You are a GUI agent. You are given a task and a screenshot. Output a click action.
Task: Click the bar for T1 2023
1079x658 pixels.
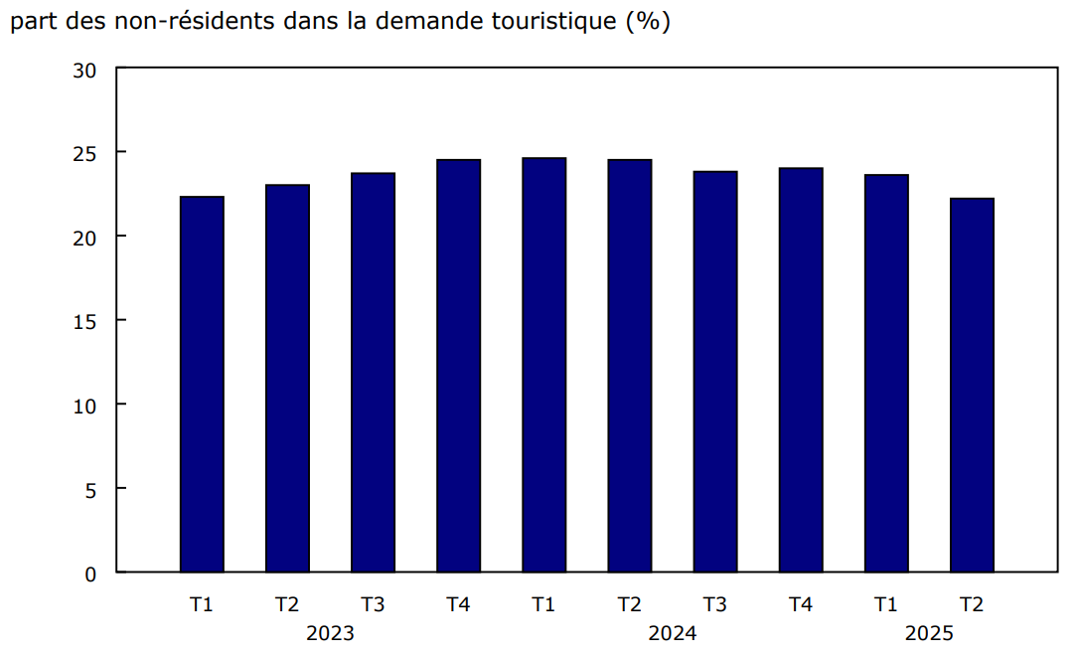click(202, 384)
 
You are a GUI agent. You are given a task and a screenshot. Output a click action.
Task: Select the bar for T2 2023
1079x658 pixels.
click(287, 378)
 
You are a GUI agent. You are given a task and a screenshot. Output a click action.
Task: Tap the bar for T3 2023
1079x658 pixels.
click(373, 372)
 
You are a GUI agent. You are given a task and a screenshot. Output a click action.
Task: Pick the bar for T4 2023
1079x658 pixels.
click(458, 365)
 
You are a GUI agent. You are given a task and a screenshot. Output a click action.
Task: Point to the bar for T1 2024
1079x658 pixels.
click(543, 364)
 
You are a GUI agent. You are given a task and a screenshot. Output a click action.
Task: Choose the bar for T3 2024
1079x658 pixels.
click(715, 371)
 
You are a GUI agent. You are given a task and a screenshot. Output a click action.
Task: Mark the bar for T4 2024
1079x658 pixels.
click(801, 370)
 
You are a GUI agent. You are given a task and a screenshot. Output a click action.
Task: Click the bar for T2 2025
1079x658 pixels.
click(972, 385)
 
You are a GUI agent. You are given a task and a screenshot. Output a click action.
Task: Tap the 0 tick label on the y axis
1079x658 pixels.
click(90, 574)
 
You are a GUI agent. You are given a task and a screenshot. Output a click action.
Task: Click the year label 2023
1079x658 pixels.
click(330, 633)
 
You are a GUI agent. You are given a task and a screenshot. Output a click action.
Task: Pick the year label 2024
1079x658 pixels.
click(673, 633)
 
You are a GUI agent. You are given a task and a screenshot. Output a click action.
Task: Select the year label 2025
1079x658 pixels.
click(929, 633)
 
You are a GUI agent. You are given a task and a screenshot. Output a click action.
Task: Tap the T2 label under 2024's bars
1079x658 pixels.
click(629, 603)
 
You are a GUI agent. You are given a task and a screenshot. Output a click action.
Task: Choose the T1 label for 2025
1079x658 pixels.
click(886, 603)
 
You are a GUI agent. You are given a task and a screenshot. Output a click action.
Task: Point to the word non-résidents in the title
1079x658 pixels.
click(181, 22)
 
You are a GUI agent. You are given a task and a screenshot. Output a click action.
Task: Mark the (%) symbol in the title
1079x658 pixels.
click(647, 22)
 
